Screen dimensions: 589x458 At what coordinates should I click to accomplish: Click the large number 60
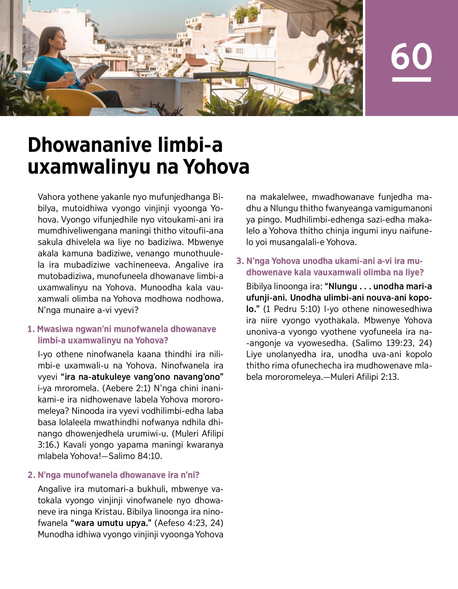[411, 56]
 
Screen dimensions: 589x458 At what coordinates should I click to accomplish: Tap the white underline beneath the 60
[411, 79]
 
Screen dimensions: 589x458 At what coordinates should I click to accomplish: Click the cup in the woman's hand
[70, 76]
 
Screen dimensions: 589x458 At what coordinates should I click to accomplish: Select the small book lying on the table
[136, 110]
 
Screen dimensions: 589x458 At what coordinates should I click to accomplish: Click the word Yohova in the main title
[216, 167]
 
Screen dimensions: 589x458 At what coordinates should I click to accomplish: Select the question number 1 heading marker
[31, 329]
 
